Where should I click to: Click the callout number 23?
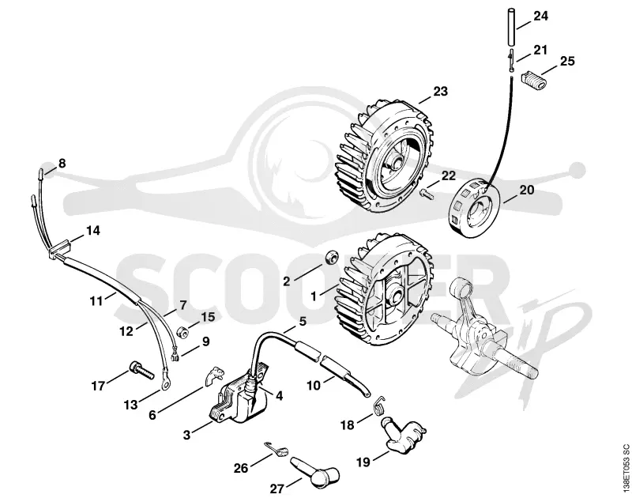point(440,92)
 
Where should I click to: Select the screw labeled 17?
point(142,370)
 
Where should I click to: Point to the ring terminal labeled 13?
point(164,384)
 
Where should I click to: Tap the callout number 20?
point(526,190)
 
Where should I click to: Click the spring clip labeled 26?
point(277,448)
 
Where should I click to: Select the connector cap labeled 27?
point(314,469)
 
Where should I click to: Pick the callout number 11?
point(96,301)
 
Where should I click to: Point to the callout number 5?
point(303,322)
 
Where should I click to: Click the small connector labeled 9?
point(175,356)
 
